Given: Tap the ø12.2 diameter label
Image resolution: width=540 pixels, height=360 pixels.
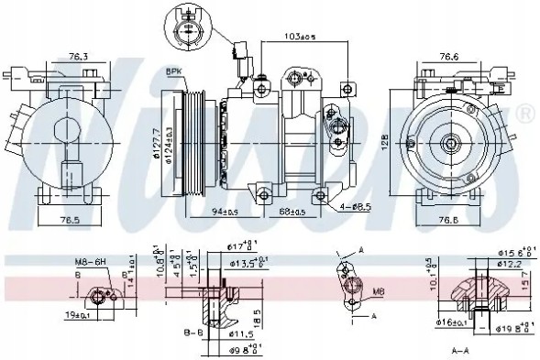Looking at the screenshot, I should tap(511, 264).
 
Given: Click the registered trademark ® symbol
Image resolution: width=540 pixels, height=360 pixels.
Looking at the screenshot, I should tap(525, 113).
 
